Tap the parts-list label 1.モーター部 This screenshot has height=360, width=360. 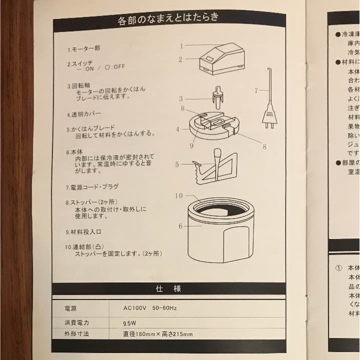[84, 49]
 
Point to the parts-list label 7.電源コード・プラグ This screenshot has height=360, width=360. [92, 187]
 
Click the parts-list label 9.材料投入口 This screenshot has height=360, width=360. [83, 232]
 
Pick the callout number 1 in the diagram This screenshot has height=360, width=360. [182, 45]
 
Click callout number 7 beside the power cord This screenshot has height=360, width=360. [256, 90]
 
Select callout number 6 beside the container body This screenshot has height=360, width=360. [181, 226]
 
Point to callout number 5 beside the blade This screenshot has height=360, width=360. [177, 164]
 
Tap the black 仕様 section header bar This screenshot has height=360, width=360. [168, 288]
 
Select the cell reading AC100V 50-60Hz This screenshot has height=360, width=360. [150, 308]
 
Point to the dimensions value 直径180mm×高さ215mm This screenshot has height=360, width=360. [158, 334]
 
